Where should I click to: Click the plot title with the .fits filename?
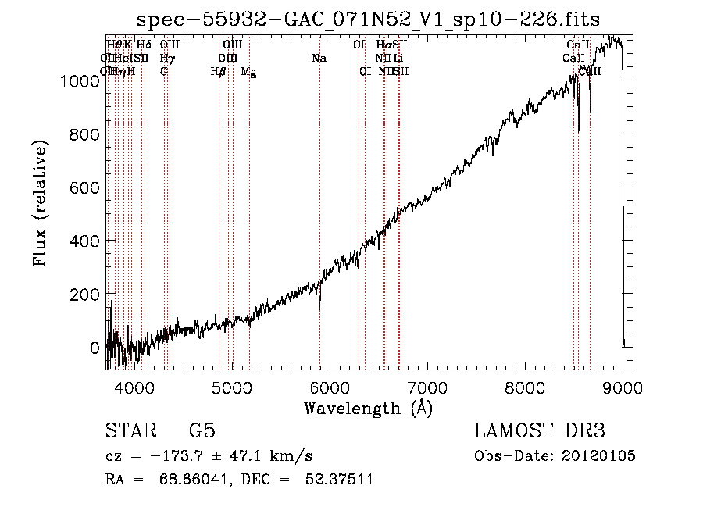pos(368,20)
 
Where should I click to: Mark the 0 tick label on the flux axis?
pos(95,348)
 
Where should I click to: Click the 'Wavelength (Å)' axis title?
pos(368,408)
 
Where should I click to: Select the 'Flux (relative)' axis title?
pos(41,203)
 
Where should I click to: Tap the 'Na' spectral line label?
pos(319,59)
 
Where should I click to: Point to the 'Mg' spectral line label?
pos(248,72)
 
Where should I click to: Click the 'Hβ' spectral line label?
pos(219,72)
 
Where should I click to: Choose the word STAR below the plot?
pos(130,431)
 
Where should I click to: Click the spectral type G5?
pos(202,431)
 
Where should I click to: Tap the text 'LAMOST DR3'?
pos(540,431)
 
